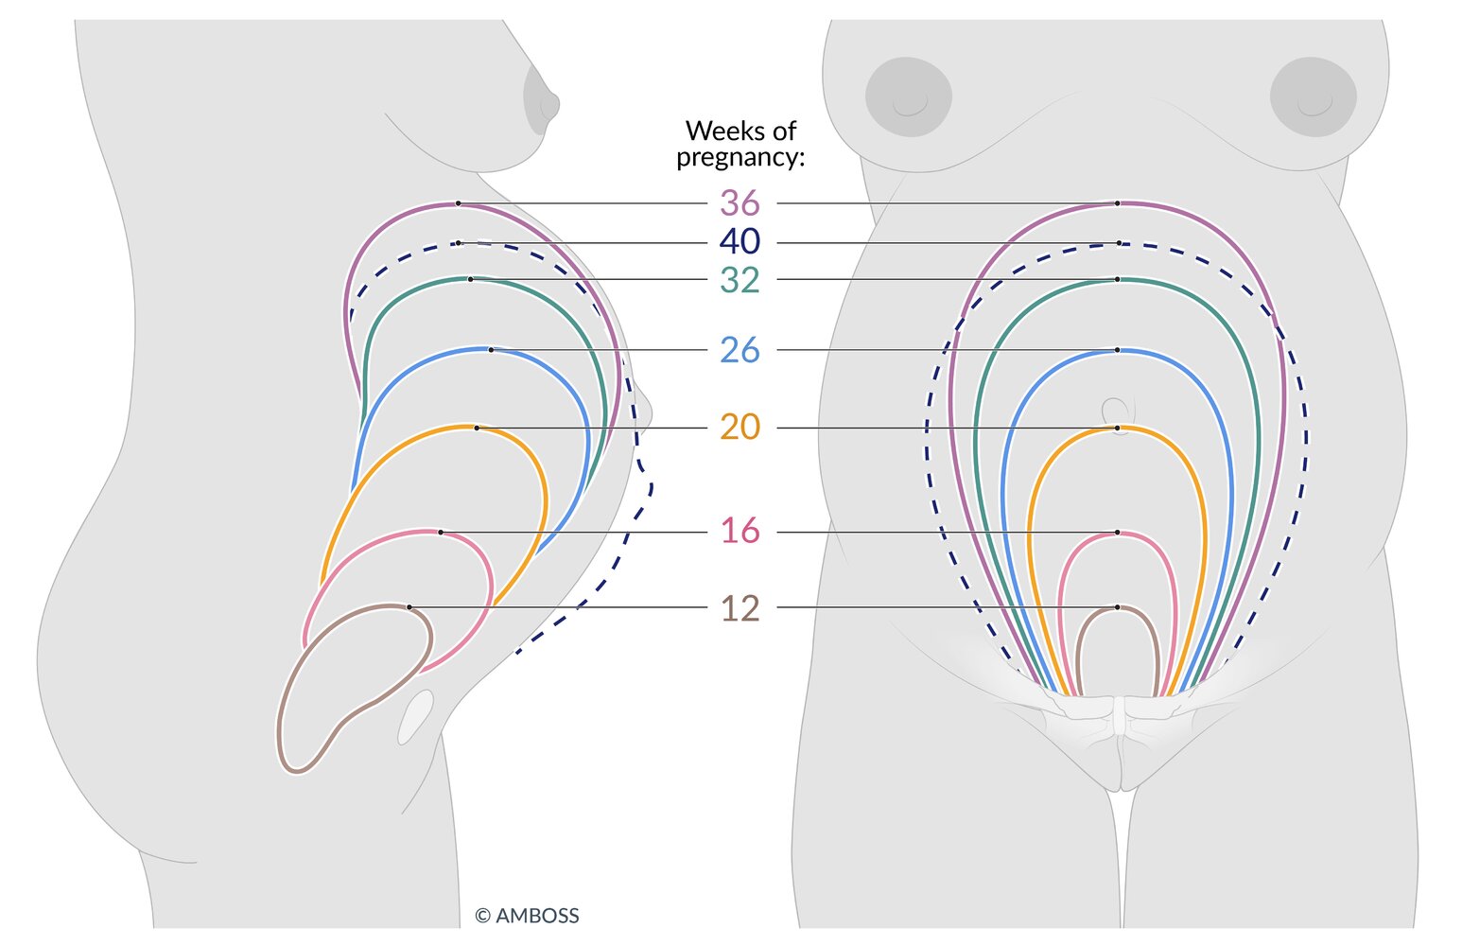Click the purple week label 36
(740, 203)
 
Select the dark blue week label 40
(740, 241)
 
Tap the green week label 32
(740, 280)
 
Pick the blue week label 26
(740, 350)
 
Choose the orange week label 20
(740, 427)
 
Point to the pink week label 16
(740, 531)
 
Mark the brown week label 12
(740, 608)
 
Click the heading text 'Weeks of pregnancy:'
(740, 145)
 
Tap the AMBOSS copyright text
(527, 916)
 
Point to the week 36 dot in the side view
(459, 203)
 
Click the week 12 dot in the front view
(1118, 607)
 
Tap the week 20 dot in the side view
(477, 429)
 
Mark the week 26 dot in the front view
(1118, 350)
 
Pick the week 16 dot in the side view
(441, 533)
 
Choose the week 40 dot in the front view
(1119, 243)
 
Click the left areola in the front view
(909, 96)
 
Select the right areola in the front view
(1314, 96)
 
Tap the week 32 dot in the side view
(470, 279)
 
